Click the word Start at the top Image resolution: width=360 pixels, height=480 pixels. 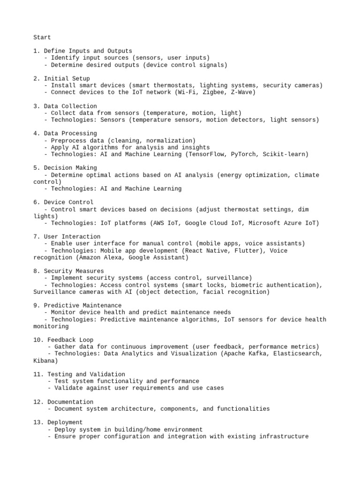point(42,37)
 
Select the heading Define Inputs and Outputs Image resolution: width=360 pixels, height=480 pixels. point(88,51)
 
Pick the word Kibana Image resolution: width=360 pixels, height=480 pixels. point(44,361)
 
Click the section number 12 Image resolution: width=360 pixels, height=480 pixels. point(38,402)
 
